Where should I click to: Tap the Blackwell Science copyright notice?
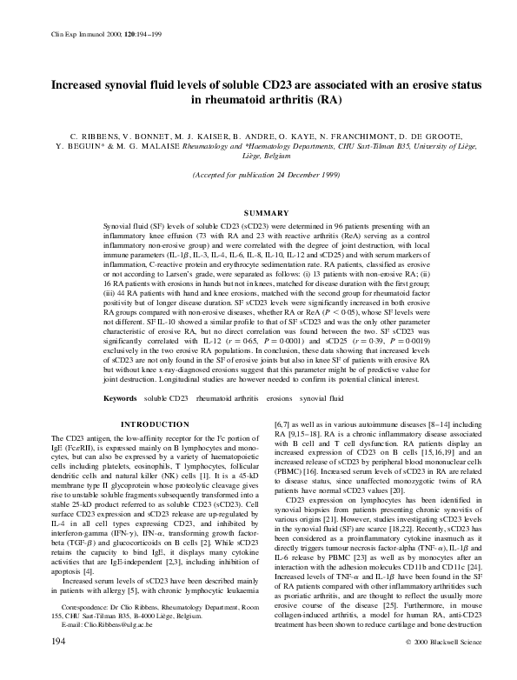[434, 665]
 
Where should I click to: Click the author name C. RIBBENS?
[89, 137]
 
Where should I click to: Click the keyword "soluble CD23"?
[167, 398]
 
